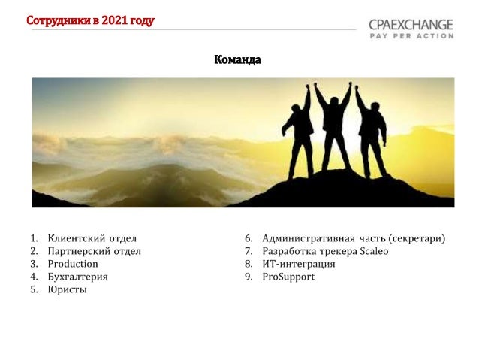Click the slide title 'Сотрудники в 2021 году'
[90, 20]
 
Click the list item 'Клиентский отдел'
[92, 238]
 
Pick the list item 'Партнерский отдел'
[94, 251]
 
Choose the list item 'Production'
[73, 264]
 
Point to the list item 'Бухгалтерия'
[77, 277]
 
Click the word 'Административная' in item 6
[308, 238]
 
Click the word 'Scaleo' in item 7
[374, 251]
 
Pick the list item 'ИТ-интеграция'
[299, 264]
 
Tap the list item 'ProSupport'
[288, 277]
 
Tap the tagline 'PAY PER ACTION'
[411, 35]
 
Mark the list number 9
[248, 277]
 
